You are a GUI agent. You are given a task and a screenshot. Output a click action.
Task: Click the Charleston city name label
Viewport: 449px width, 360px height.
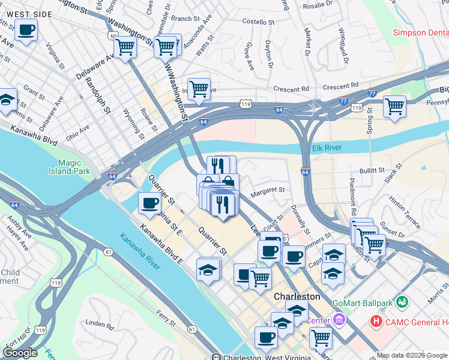(x=297, y=297)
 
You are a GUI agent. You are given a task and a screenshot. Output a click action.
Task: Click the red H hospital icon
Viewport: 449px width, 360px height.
(x=376, y=322)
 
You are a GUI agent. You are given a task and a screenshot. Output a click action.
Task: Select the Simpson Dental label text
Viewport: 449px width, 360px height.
(x=420, y=33)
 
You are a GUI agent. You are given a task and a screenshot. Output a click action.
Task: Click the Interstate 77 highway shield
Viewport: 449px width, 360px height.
(x=372, y=93)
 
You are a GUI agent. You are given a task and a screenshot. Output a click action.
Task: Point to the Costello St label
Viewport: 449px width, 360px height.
(x=258, y=22)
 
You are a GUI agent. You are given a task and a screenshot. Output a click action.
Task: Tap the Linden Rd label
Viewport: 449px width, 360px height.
(x=100, y=325)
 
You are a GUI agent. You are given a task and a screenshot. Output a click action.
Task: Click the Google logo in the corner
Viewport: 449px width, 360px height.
(x=20, y=352)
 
